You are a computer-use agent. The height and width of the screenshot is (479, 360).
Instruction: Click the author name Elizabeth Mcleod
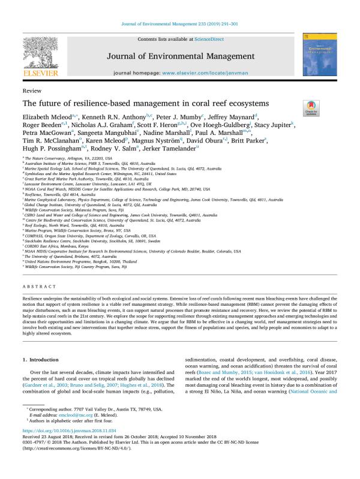point(49,116)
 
